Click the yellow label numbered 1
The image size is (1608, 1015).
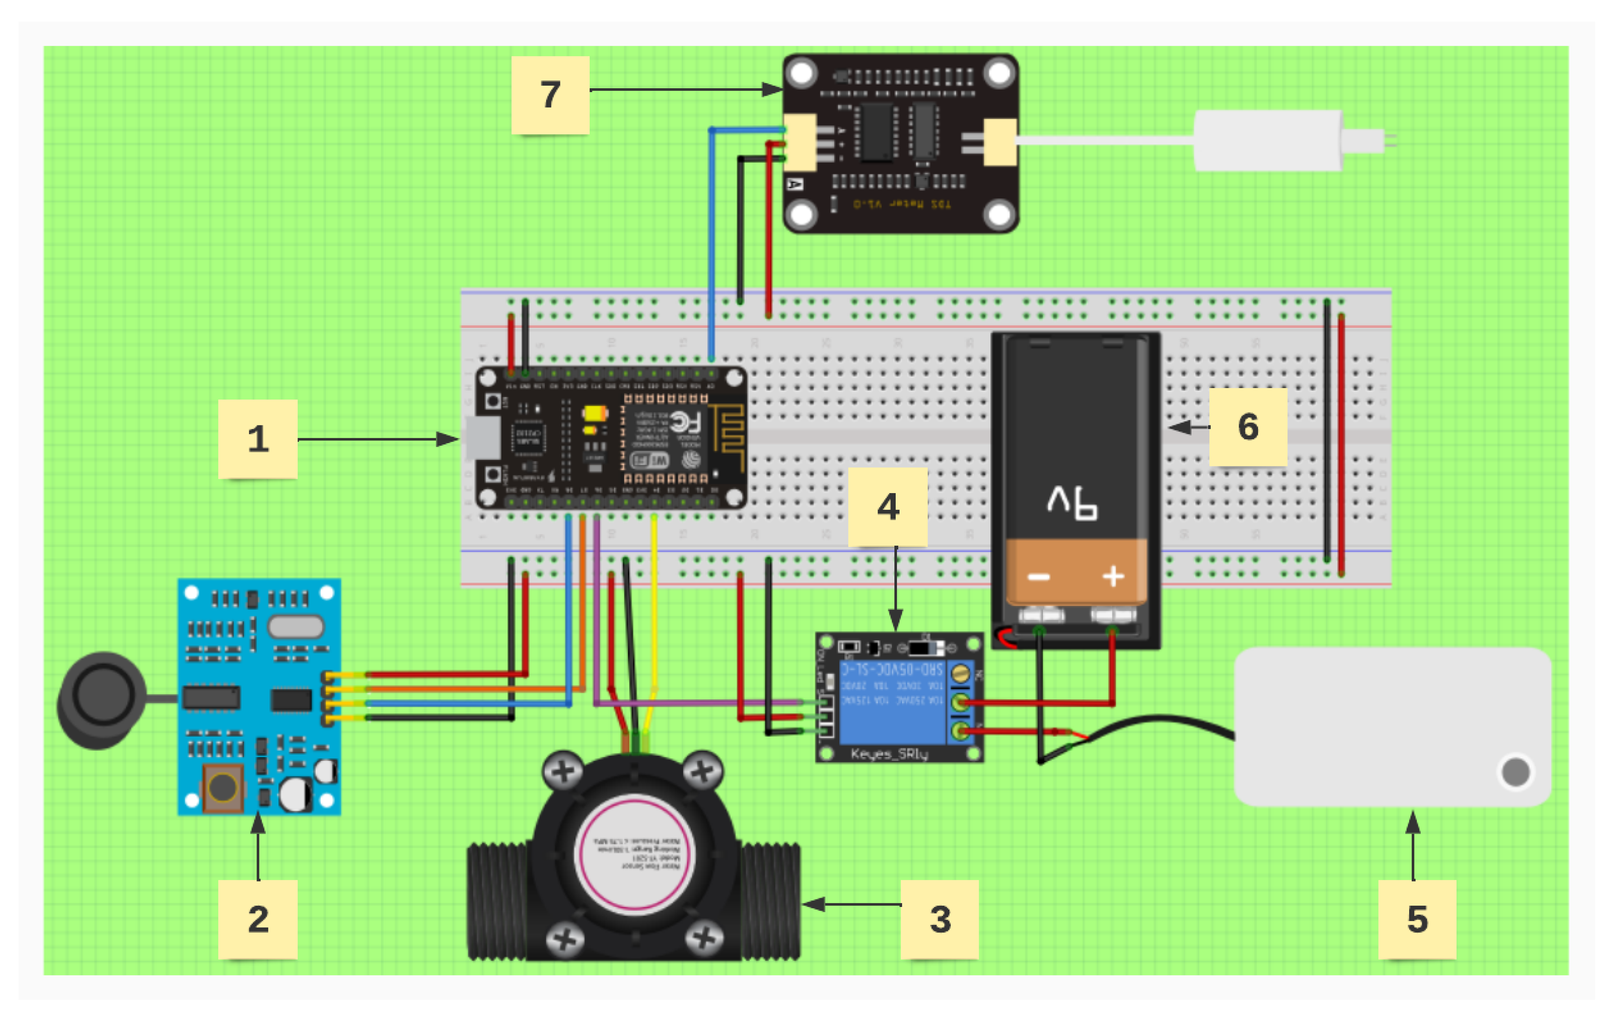click(258, 438)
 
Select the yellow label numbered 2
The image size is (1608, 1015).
click(258, 919)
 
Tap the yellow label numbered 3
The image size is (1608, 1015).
click(940, 919)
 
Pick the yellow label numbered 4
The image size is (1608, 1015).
click(887, 506)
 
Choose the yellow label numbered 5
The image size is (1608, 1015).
click(1417, 919)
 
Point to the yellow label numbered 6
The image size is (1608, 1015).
click(1248, 426)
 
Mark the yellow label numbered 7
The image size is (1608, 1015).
click(550, 94)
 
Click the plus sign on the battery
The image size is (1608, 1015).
click(1113, 576)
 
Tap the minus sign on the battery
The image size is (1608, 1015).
click(1039, 577)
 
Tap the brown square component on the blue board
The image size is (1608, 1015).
click(223, 788)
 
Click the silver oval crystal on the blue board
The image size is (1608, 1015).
click(296, 627)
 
